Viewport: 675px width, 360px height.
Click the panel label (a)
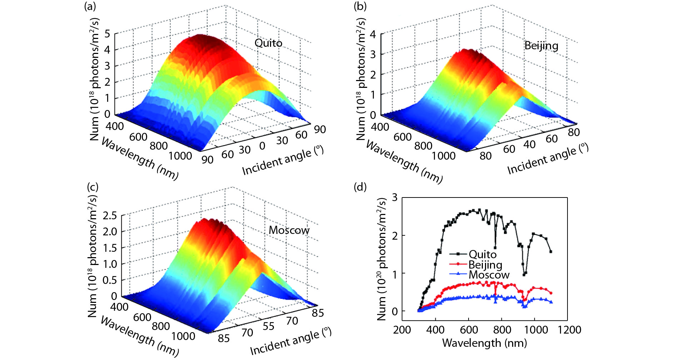click(90, 6)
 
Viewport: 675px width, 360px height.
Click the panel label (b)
click(360, 6)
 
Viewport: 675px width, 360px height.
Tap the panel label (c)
click(92, 187)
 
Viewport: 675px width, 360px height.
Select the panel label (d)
click(360, 187)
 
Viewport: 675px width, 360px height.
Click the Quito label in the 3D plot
click(268, 43)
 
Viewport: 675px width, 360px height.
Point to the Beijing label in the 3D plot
click(541, 46)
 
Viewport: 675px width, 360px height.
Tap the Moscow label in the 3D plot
click(289, 230)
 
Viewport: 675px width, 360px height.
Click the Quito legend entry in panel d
click(482, 254)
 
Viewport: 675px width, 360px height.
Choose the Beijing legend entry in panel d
click(485, 265)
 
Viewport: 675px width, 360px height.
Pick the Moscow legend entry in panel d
click(489, 275)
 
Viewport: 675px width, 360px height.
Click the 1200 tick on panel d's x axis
click(569, 330)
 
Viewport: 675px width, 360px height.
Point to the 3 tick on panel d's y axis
click(394, 197)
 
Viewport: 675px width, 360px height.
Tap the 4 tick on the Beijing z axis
click(373, 34)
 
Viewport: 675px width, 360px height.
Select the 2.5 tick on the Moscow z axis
click(110, 215)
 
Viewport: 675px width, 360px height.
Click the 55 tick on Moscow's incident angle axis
click(269, 326)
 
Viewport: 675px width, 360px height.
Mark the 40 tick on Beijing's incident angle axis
click(529, 144)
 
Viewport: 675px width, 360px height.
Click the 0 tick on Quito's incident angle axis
click(262, 146)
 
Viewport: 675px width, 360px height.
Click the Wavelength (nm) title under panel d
click(484, 343)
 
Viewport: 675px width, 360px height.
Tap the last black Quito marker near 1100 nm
click(551, 252)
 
